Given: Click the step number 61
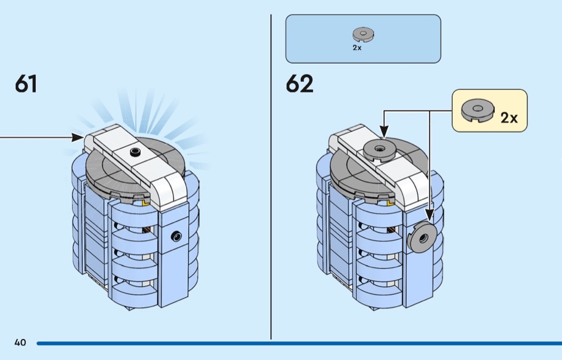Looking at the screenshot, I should tap(26, 84).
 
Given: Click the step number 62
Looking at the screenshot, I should tap(299, 84).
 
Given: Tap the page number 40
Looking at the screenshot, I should tap(20, 343).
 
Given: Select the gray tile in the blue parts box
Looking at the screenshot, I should tap(363, 35).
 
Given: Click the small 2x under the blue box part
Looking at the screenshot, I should tap(357, 48).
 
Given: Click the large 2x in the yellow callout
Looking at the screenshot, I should tap(509, 118).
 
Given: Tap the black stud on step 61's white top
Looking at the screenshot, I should tap(134, 153).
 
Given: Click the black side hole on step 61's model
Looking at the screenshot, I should tap(176, 235).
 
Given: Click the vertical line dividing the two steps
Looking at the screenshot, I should tap(271, 177).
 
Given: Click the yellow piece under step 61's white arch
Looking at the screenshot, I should tap(146, 201).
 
